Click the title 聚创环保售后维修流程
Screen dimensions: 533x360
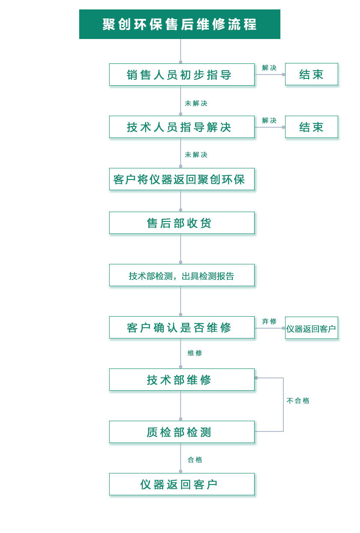pos(180,24)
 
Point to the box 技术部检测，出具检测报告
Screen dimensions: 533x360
pos(181,275)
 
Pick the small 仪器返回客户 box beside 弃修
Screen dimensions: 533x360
pos(311,328)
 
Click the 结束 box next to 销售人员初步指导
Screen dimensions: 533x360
pos(311,74)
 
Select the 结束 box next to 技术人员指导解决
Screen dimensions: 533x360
pos(311,127)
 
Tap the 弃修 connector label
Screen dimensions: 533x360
pos(269,321)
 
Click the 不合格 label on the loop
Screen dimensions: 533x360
pos(298,401)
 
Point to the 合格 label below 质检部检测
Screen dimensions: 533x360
pos(195,460)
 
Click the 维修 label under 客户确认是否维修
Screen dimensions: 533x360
pos(195,353)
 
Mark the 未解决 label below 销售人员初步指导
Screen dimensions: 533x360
pos(196,103)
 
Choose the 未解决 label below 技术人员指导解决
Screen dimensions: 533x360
pos(196,155)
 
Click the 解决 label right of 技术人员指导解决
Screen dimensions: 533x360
pos(269,120)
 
